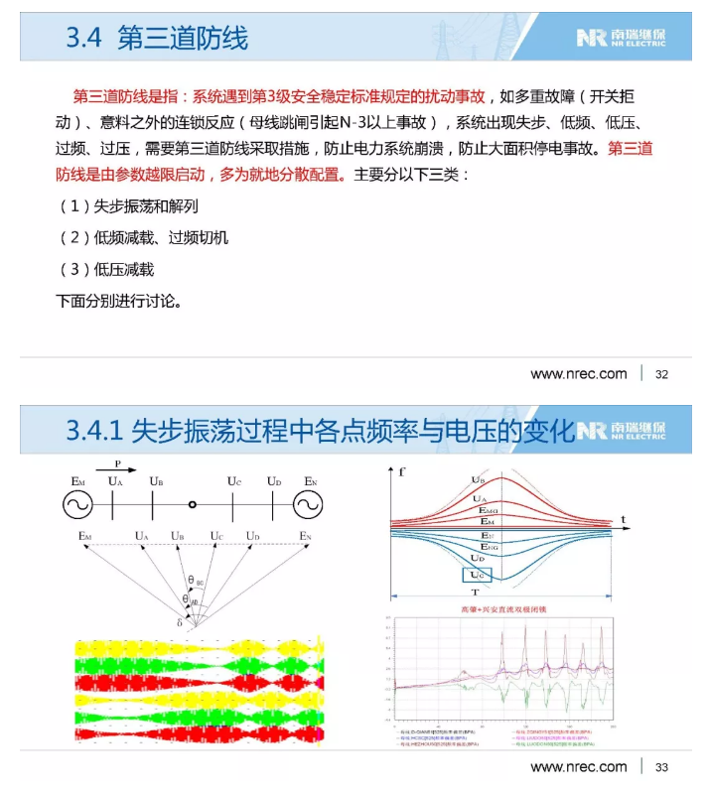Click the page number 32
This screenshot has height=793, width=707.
[x=662, y=374]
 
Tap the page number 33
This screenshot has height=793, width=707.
[x=662, y=766]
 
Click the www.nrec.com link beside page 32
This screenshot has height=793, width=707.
[x=579, y=374]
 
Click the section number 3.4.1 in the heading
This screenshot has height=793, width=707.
[x=94, y=430]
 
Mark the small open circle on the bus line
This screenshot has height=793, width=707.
[x=193, y=504]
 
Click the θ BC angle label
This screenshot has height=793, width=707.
[x=196, y=581]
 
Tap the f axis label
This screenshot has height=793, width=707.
[x=401, y=472]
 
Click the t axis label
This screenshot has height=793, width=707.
[x=623, y=518]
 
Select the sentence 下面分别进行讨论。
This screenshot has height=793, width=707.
[x=118, y=300]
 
